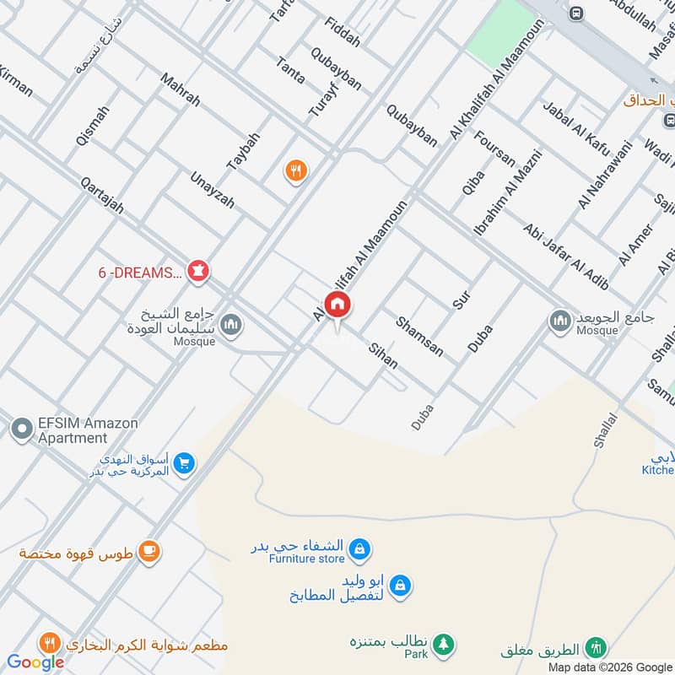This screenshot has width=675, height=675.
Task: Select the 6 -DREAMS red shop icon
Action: [199, 272]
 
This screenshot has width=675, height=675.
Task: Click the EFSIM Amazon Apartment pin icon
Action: [21, 429]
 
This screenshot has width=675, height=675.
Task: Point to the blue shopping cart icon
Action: [186, 462]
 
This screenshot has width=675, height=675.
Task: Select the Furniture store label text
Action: [307, 559]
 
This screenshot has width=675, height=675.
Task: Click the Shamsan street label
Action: [420, 335]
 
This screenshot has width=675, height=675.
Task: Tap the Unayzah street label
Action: [212, 190]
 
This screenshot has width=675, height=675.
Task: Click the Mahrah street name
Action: [181, 88]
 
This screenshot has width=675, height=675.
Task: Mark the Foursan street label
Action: [495, 148]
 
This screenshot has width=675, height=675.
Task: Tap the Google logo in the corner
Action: [35, 662]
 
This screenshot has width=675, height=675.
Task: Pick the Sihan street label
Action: [383, 355]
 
